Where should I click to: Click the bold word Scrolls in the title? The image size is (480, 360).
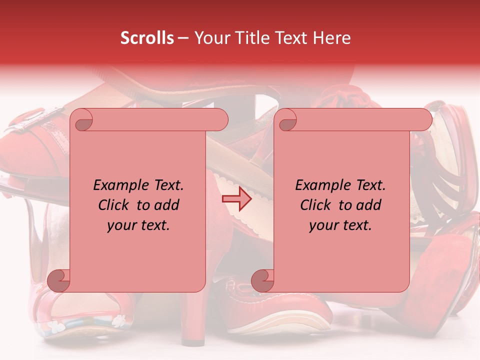[147, 38]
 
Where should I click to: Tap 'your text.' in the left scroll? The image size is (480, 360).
[138, 225]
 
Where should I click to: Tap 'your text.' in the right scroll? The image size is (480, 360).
[340, 225]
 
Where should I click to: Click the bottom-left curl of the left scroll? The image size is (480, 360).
[59, 280]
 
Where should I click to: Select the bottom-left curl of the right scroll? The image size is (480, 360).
[262, 280]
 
